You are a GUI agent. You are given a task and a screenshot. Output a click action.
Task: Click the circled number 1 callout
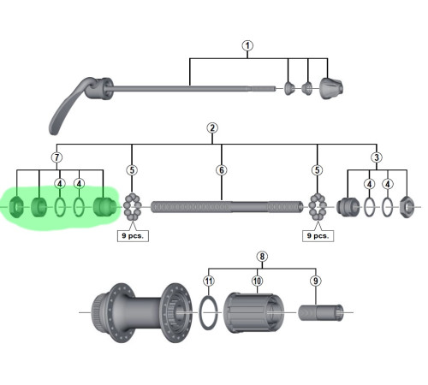tap(247, 45)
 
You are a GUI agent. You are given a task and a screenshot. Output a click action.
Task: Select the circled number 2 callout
tap(212, 127)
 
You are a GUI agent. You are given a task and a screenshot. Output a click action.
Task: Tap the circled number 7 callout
tap(56, 157)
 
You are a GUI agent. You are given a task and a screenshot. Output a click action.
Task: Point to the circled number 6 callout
tap(222, 170)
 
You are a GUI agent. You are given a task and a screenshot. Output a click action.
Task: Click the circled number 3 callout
tap(377, 157)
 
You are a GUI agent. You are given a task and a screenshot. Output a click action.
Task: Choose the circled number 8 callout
tap(262, 257)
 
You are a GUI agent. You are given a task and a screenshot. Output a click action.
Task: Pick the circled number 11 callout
tap(209, 281)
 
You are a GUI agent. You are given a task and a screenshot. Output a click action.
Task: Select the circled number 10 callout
tap(257, 281)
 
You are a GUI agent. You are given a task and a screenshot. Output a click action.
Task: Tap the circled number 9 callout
tap(316, 281)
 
